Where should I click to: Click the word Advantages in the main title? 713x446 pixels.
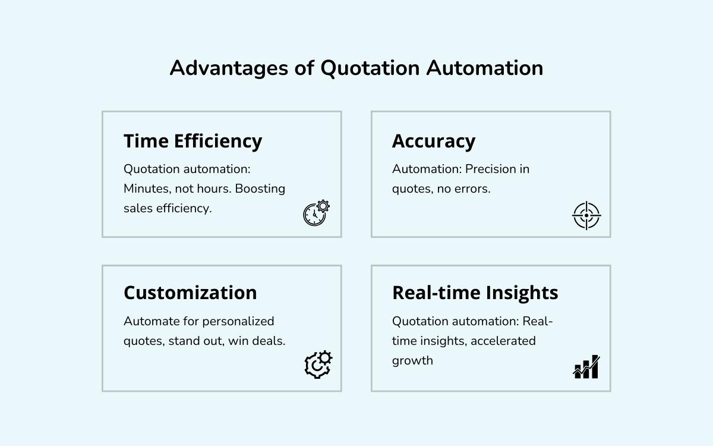click(x=229, y=68)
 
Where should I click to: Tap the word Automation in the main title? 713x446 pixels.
click(x=485, y=68)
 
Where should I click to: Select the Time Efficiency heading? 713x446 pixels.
click(x=193, y=142)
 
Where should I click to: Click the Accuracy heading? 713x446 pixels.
click(x=434, y=142)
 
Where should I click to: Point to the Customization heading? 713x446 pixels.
click(x=190, y=293)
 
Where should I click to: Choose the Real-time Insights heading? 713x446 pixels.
click(x=475, y=293)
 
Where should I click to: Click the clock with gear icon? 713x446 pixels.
click(x=316, y=213)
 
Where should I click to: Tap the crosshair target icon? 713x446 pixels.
click(x=586, y=215)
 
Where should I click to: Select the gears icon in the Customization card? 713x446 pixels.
click(x=318, y=365)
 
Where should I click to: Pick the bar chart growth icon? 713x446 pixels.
click(x=586, y=366)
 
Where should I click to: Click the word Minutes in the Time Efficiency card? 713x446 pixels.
click(x=147, y=189)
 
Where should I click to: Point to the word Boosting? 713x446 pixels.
click(x=260, y=189)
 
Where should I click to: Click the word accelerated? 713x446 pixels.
click(x=503, y=341)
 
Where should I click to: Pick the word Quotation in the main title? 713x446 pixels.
click(x=370, y=68)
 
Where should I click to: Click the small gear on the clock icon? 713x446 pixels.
click(x=323, y=206)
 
